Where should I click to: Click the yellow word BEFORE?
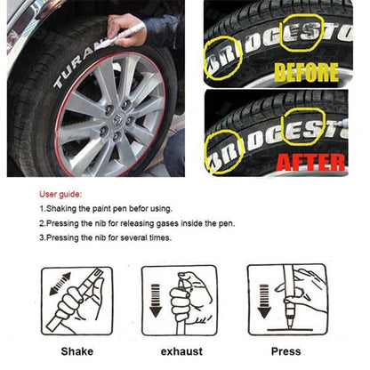pyautogui.click(x=306, y=72)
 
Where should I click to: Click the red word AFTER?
pyautogui.click(x=310, y=163)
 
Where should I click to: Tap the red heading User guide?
pyautogui.click(x=60, y=195)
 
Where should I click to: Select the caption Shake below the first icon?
pyautogui.click(x=77, y=351)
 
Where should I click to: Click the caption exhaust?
pyautogui.click(x=181, y=351)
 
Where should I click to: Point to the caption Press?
pyautogui.click(x=286, y=351)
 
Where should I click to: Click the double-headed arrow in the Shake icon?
pyautogui.click(x=60, y=284)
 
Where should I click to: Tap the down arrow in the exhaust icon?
pyautogui.click(x=156, y=301)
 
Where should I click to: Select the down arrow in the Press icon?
pyautogui.click(x=264, y=301)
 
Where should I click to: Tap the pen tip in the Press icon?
pyautogui.click(x=288, y=325)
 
